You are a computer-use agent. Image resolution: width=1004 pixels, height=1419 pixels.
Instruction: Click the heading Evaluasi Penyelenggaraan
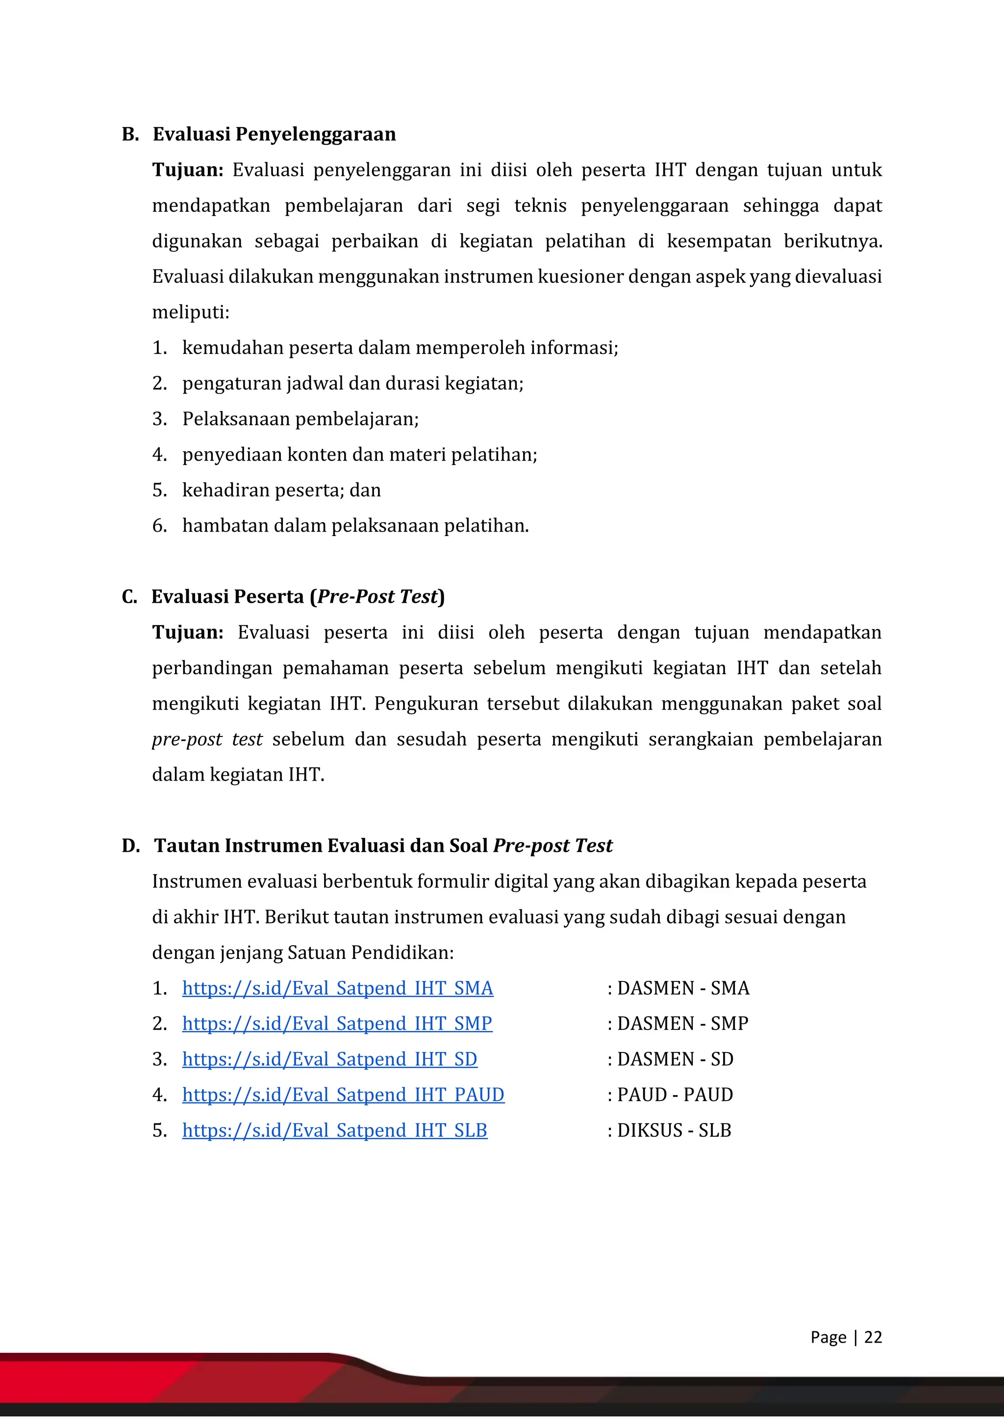274,134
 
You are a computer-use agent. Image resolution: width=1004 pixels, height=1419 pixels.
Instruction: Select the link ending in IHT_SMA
338,988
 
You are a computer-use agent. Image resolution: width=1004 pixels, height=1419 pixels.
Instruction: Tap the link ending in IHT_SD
329,1059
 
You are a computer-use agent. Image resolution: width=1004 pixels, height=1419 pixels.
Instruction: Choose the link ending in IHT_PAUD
343,1094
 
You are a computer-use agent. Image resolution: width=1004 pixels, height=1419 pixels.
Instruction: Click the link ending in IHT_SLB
334,1130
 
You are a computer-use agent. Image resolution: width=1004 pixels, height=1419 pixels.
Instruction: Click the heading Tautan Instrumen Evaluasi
383,845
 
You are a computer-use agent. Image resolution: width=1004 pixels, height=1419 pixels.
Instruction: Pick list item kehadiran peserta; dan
281,489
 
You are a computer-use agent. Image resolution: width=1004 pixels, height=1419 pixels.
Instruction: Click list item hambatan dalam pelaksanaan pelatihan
355,525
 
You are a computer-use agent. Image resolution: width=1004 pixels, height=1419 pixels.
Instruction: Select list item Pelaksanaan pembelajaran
301,418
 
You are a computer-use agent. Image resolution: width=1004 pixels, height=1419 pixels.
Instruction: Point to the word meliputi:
190,312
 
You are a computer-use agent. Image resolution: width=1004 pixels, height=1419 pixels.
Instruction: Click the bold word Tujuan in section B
187,170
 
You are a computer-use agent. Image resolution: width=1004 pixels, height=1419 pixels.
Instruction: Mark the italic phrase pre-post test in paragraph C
207,739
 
